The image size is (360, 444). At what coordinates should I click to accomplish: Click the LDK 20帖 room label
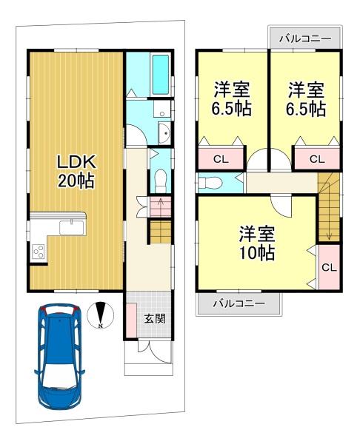[x=76, y=172]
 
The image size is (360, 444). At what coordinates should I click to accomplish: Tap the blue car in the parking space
[x=59, y=357]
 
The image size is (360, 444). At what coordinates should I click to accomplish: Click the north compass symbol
[x=100, y=315]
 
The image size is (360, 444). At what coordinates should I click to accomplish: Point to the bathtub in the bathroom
[x=161, y=75]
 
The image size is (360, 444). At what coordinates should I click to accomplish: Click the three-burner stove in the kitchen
[x=38, y=251]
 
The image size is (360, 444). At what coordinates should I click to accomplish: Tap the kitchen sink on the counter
[x=71, y=227]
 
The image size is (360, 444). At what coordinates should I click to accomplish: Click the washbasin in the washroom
[x=164, y=132]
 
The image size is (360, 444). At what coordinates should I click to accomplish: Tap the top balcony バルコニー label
[x=305, y=38]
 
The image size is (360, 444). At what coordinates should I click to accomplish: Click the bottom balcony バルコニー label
[x=239, y=303]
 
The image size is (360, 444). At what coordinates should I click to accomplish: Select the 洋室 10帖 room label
[x=257, y=243]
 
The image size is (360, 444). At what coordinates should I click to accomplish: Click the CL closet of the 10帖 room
[x=329, y=267]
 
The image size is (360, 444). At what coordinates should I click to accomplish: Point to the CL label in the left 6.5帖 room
[x=221, y=159]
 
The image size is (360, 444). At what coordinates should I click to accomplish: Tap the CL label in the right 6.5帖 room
[x=317, y=159]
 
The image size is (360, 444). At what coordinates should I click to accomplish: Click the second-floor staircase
[x=329, y=207]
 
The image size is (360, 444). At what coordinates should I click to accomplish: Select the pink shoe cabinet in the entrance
[x=131, y=320]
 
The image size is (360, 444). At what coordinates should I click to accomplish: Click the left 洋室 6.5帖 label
[x=232, y=98]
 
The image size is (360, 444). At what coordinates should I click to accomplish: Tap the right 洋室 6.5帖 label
[x=306, y=98]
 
